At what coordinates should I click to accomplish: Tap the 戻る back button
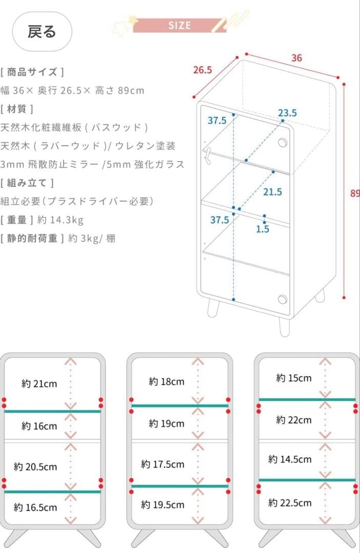(x=42, y=32)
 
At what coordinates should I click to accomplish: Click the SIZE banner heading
(x=179, y=26)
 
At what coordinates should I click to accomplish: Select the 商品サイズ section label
(x=33, y=72)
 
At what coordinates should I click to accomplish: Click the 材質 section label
(x=17, y=109)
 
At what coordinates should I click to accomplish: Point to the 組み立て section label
(x=28, y=183)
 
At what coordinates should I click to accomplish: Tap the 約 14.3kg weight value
(x=60, y=220)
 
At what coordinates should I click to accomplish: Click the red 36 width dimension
(x=297, y=58)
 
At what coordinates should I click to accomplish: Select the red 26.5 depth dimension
(x=202, y=70)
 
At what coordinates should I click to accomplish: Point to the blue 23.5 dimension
(x=287, y=113)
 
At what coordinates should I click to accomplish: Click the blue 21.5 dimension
(x=272, y=192)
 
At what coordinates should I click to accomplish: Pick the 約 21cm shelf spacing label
(x=39, y=384)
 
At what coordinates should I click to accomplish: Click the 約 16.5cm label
(x=35, y=507)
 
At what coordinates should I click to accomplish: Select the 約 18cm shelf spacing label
(x=166, y=382)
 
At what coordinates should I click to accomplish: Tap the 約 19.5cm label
(x=163, y=505)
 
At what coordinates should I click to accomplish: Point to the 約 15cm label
(x=293, y=378)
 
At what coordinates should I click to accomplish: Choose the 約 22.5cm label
(x=290, y=503)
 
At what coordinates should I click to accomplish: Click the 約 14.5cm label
(x=290, y=459)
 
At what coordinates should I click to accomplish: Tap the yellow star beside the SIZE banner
(x=134, y=19)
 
